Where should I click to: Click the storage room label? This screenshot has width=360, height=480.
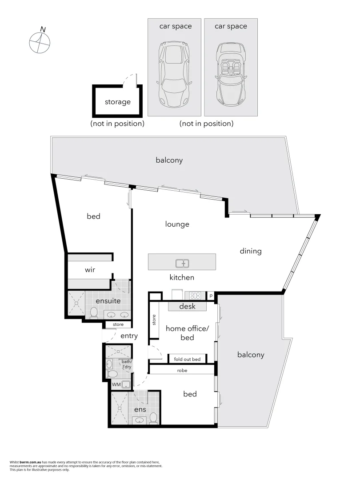tap(118, 102)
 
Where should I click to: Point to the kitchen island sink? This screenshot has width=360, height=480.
tap(182, 264)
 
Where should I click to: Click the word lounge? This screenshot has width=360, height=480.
tap(177, 224)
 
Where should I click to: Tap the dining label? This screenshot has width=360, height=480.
tap(251, 251)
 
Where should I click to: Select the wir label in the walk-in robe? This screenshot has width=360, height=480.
tap(90, 270)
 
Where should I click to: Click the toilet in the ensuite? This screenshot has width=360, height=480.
tap(94, 314)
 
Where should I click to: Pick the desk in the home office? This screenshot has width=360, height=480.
tap(187, 307)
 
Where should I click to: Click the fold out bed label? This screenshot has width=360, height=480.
tap(187, 359)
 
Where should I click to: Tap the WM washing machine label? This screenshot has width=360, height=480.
tap(116, 384)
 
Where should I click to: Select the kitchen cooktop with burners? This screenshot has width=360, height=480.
tap(195, 295)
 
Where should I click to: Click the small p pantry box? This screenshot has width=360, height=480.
tap(211, 295)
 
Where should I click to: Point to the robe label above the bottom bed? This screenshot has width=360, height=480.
tap(182, 370)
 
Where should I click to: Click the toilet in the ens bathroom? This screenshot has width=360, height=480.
tap(153, 418)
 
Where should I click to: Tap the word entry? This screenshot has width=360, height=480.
tap(129, 336)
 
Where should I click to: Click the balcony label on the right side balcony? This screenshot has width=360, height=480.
tap(251, 355)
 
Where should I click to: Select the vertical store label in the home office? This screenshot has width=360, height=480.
tap(154, 320)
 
